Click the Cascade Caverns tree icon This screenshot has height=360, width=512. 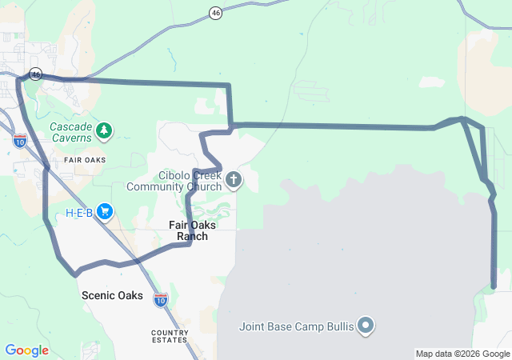pos(103,130)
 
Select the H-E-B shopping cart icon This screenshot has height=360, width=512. pos(105,212)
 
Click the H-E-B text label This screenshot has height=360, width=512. pos(79,213)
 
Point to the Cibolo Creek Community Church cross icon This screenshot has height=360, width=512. pos(234,179)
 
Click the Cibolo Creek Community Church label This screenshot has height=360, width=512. pos(179,182)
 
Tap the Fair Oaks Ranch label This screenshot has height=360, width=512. pos(192,230)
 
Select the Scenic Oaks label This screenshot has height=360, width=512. pos(112,295)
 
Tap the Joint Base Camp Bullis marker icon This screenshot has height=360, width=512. pos(366,325)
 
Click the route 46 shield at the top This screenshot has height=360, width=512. pos(215,13)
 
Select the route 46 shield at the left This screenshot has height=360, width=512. pos(35,74)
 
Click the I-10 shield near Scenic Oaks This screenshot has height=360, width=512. pos(161,299)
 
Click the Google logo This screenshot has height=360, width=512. pos(27,350)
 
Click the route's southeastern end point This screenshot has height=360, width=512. pos(494,286)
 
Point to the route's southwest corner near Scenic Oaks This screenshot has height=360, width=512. pos(76,274)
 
